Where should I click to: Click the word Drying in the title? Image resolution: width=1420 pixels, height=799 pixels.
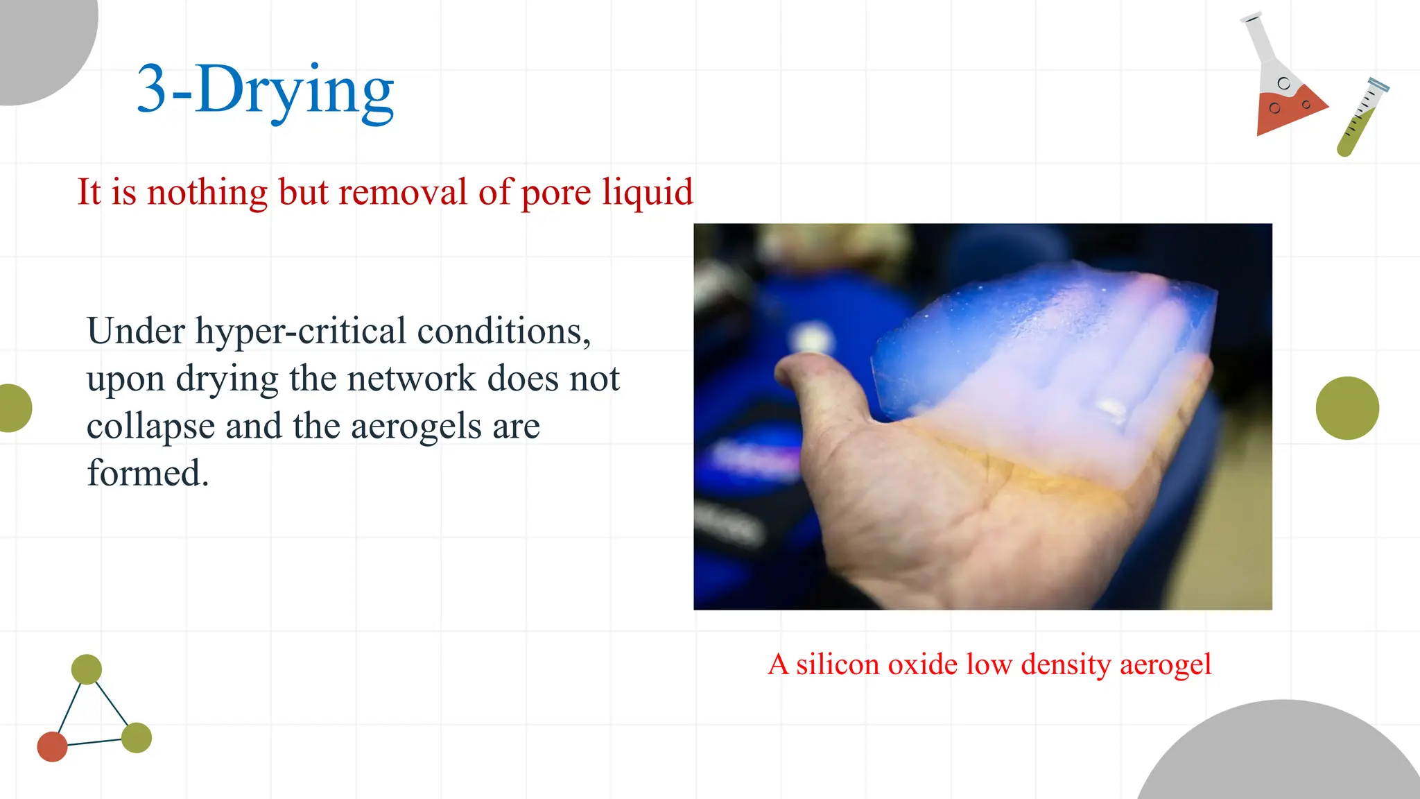295,90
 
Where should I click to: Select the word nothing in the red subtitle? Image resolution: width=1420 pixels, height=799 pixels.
207,192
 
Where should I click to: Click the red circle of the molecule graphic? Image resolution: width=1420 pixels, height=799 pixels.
52,746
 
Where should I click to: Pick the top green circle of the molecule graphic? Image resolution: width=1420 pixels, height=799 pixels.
87,669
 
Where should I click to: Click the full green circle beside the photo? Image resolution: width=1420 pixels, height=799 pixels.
1347,408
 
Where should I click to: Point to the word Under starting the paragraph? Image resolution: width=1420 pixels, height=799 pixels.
136,332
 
